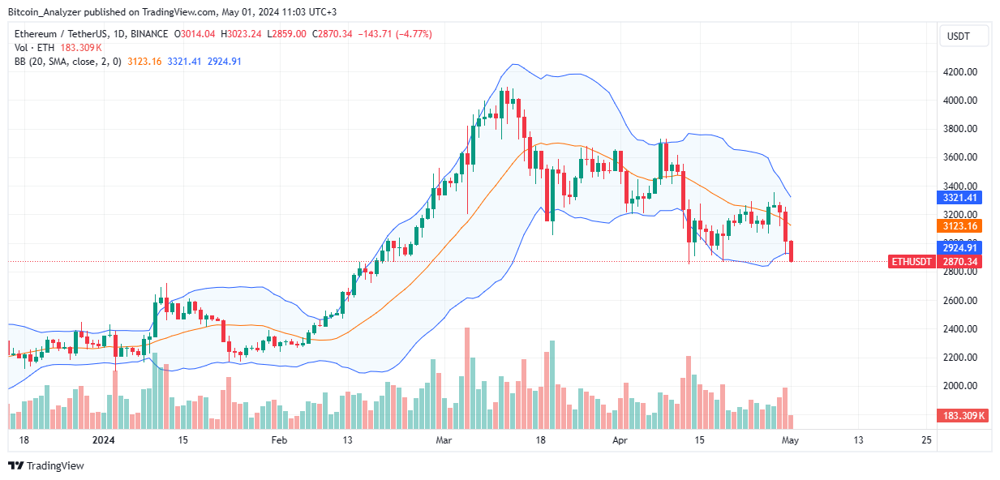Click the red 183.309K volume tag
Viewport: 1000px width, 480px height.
(964, 416)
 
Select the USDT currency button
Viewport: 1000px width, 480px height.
(964, 36)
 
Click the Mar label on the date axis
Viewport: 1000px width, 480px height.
(443, 440)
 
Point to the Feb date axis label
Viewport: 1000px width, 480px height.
(279, 440)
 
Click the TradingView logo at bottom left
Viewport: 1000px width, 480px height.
(46, 465)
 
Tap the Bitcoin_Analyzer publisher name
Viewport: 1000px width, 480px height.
(47, 12)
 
